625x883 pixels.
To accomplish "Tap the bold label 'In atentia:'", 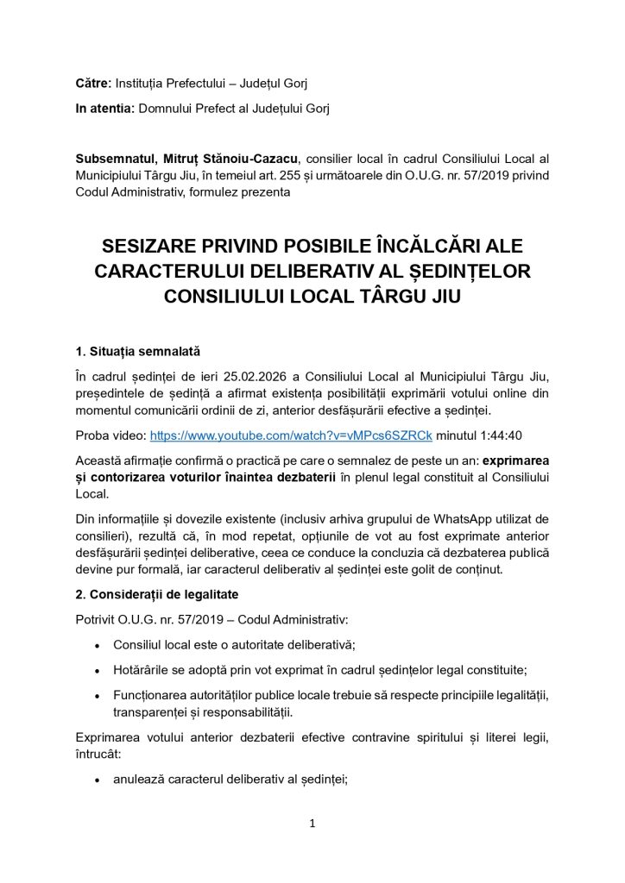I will coord(104,108).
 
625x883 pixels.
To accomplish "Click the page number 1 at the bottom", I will coord(312,824).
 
